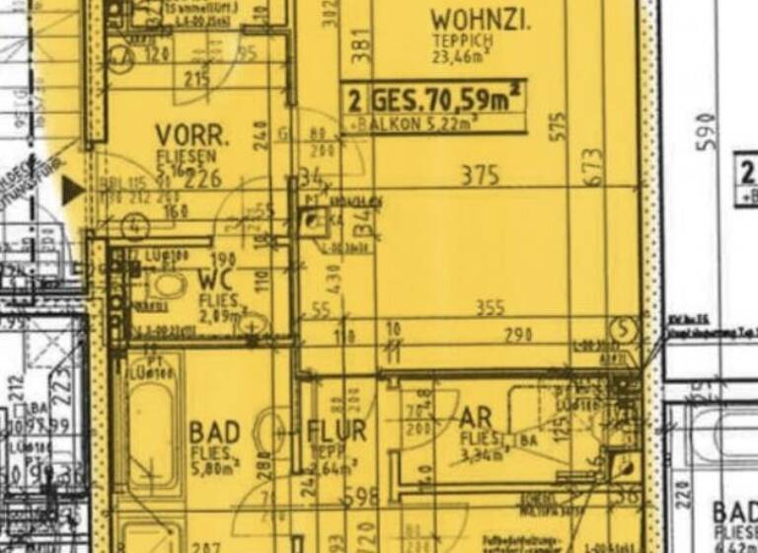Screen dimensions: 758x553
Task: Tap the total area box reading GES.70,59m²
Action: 434,100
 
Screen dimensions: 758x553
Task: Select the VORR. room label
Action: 191,135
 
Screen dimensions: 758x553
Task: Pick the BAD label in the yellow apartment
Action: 214,433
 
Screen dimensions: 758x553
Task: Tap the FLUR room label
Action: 337,431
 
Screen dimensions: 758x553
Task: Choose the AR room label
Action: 476,417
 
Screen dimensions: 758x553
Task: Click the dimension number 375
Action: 481,176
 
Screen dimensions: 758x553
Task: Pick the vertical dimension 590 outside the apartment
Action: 704,128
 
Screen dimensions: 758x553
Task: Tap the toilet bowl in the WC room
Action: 169,285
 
